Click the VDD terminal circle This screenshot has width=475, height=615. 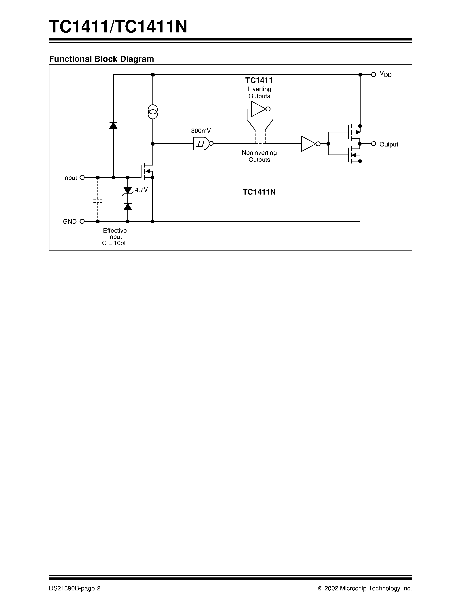coord(374,75)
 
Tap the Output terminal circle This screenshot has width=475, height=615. coord(374,144)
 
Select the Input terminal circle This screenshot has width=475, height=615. coord(82,177)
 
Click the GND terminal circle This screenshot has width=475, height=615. coord(82,221)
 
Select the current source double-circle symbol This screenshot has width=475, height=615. coord(153,112)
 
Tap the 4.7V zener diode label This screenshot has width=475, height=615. coord(141,190)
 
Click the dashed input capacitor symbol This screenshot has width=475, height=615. coord(98,201)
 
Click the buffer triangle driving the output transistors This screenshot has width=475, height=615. coord(308,144)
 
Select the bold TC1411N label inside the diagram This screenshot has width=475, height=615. coord(259,192)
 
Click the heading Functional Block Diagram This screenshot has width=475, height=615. coord(101,59)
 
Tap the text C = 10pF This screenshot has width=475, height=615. coord(115,243)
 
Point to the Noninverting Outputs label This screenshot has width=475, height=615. coord(259,156)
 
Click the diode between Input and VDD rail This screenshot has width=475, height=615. coord(113,126)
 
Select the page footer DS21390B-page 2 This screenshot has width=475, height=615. coord(75,588)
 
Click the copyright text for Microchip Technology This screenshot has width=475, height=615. coord(365,588)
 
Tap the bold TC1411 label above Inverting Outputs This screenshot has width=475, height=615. coord(259,81)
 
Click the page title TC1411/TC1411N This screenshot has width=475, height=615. coord(118,27)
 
